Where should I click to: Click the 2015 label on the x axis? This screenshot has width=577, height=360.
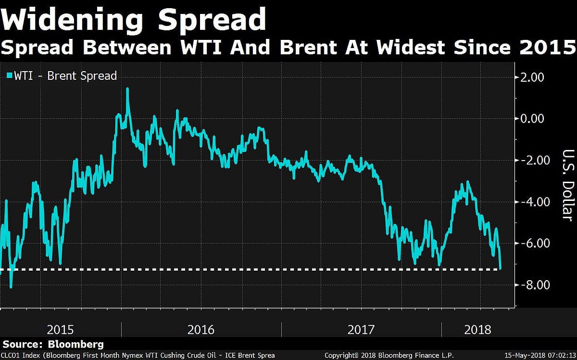(x=60, y=330)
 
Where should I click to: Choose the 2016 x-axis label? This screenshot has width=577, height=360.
(x=201, y=330)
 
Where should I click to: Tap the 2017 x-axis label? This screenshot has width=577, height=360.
(x=361, y=330)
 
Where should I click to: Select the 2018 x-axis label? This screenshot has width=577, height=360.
(x=478, y=330)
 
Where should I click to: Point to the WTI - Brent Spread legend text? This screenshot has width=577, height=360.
(x=65, y=76)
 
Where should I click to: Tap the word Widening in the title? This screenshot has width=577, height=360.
(x=72, y=20)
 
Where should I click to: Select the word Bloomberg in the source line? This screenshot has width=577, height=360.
(x=75, y=344)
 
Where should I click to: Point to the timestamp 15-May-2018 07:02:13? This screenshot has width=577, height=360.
(x=539, y=356)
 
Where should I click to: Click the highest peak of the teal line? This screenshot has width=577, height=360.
(x=127, y=88)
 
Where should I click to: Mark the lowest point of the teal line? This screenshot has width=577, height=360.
(x=11, y=287)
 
